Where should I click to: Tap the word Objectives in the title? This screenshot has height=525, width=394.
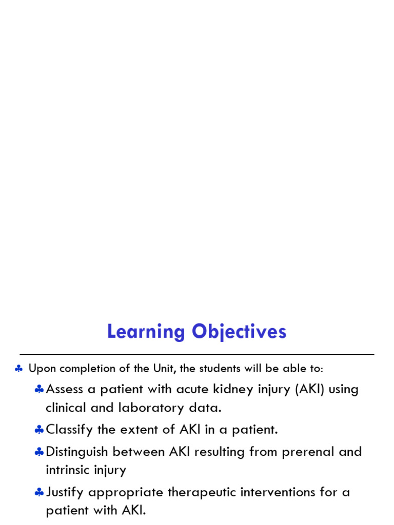coord(239,332)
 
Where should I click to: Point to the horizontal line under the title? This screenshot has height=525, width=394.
coord(197,354)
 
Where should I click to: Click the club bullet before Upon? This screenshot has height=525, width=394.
coord(18,369)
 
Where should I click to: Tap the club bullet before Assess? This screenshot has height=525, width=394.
coord(39,390)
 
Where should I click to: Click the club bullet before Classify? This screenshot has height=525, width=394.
coord(39,430)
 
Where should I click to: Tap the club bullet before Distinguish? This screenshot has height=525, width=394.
coord(39,452)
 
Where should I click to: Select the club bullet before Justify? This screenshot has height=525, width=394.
coord(39,493)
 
